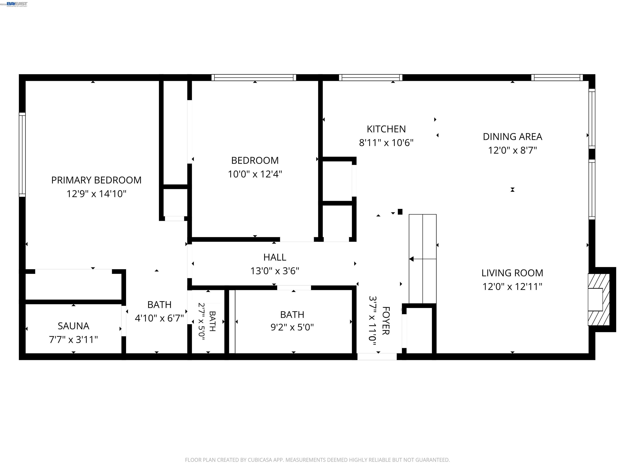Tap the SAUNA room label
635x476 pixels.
74,326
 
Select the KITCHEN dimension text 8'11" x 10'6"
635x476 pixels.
386,143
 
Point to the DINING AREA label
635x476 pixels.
512,137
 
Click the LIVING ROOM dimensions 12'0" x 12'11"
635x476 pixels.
512,286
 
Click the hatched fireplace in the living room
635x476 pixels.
599,300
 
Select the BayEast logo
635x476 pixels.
17,4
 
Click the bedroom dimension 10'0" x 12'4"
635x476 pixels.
255,174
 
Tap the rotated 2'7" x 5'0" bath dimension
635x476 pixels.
202,321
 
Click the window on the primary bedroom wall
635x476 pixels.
22,155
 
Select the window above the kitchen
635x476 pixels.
371,77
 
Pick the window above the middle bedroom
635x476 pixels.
254,77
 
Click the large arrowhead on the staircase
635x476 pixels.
411,259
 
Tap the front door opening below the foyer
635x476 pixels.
377,357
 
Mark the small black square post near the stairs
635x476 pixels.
400,212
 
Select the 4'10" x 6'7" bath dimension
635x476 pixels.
159,318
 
